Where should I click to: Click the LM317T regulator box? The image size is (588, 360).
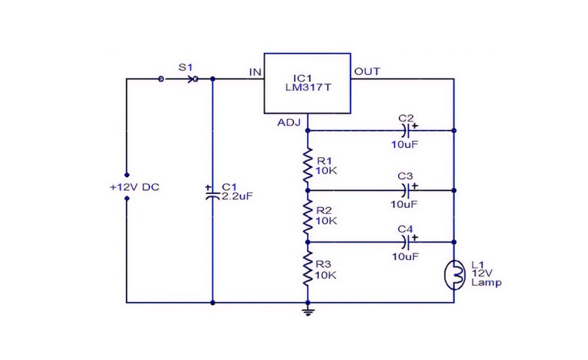(x=307, y=83)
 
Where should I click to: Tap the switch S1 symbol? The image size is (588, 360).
(x=179, y=79)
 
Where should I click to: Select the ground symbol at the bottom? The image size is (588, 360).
(x=308, y=311)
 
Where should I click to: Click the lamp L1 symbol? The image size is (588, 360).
(x=454, y=276)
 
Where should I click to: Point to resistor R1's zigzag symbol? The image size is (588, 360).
(x=308, y=165)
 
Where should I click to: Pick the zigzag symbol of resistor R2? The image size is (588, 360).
(x=308, y=217)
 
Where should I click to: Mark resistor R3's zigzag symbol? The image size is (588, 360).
(x=308, y=269)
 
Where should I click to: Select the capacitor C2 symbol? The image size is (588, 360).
(x=406, y=131)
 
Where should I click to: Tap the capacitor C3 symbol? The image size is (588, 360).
(x=406, y=190)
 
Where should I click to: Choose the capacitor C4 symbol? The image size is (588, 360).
(x=406, y=242)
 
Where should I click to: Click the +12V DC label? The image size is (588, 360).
(x=135, y=187)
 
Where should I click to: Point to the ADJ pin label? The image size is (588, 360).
(x=289, y=123)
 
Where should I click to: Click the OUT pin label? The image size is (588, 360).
(x=367, y=71)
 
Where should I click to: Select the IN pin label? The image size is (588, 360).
(x=255, y=72)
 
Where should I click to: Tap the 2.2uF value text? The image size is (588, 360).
(x=237, y=195)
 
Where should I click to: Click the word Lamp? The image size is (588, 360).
(x=487, y=282)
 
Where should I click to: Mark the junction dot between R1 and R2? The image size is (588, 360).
(x=308, y=190)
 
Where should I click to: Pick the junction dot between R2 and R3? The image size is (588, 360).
(x=308, y=242)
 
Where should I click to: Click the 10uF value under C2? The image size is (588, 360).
(x=405, y=145)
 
